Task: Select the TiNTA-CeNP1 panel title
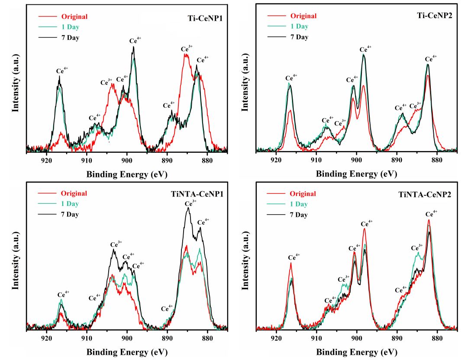(198, 195)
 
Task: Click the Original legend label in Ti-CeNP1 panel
(74, 17)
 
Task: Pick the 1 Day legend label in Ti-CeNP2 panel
(299, 26)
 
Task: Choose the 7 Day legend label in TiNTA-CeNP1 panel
(70, 215)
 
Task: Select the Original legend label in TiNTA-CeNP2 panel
(303, 194)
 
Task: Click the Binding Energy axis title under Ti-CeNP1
(127, 174)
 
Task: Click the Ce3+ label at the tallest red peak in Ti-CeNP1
(186, 48)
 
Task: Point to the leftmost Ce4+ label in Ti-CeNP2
(291, 78)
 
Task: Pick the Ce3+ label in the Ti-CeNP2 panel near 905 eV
(340, 123)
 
